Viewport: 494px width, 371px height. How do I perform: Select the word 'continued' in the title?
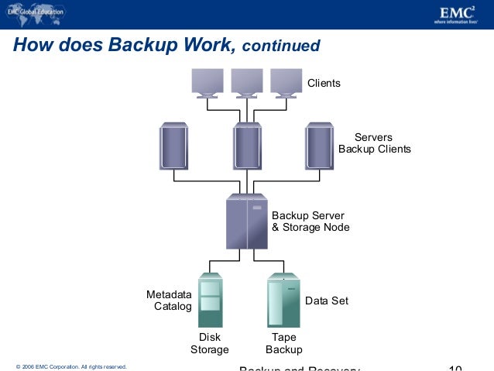tap(280, 46)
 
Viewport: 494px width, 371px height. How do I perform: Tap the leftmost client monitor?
tap(208, 82)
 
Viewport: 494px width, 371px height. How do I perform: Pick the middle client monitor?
tap(247, 82)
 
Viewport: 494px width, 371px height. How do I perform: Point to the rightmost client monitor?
tap(286, 82)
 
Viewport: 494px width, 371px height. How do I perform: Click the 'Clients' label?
tap(324, 83)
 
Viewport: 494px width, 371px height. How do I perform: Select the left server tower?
tap(173, 146)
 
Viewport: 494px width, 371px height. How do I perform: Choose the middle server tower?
tap(247, 146)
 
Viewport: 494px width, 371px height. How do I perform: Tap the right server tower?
tap(319, 146)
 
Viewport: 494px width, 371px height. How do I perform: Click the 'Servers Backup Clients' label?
tap(374, 143)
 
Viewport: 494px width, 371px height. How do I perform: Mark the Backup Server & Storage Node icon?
tap(246, 222)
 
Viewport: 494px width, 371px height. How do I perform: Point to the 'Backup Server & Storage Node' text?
tap(310, 222)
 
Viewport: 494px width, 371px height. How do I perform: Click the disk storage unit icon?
tap(210, 300)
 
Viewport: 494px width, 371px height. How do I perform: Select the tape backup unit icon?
tap(283, 300)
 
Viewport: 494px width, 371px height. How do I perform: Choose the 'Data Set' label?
tap(327, 301)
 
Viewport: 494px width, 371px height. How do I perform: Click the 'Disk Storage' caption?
tap(210, 343)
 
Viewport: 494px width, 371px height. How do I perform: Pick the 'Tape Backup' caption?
tap(283, 343)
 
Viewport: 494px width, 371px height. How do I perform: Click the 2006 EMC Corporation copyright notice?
tap(70, 366)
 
